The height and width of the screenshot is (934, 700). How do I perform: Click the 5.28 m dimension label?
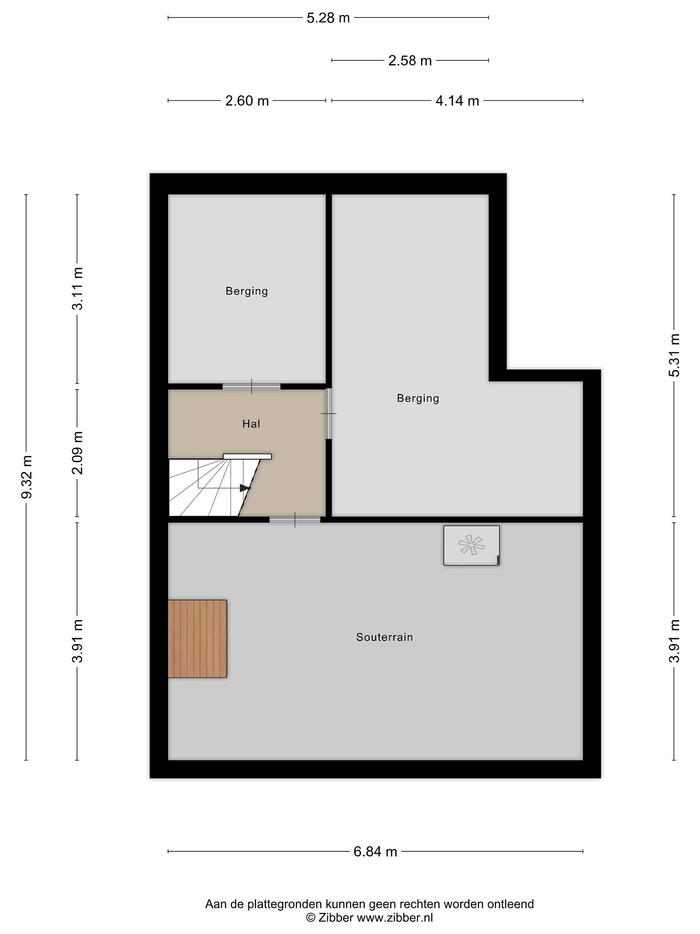[x=328, y=18]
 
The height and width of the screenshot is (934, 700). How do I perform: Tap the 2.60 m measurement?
[x=247, y=101]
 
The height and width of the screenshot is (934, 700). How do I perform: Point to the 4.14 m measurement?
[x=457, y=101]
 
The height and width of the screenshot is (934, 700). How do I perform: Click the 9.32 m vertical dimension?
[x=27, y=477]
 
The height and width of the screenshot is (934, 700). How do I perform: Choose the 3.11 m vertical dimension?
[x=77, y=288]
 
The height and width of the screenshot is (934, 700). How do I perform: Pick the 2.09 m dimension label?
[x=77, y=453]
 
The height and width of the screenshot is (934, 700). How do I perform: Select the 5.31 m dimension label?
[x=674, y=355]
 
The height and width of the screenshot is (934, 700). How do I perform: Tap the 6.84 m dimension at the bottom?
[x=375, y=851]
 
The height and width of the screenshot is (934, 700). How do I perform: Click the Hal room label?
[x=251, y=424]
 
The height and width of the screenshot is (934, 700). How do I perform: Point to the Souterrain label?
[x=384, y=637]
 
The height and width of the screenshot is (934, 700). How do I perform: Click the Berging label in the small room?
[x=247, y=291]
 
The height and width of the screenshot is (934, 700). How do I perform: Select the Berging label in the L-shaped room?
[x=418, y=399]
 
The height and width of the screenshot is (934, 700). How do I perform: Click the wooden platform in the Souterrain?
[x=197, y=639]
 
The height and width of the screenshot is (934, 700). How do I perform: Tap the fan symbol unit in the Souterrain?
[x=471, y=545]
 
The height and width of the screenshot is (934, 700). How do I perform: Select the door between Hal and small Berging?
[x=251, y=386]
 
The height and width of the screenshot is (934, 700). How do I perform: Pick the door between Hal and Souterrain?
[x=295, y=519]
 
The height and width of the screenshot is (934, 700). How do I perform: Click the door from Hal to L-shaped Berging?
[x=329, y=414]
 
